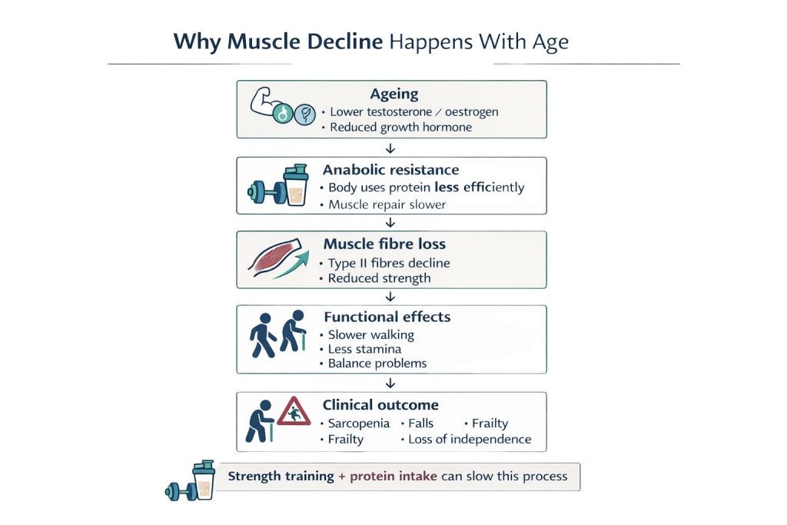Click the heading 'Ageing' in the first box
point(394,95)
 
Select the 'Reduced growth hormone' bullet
point(400,128)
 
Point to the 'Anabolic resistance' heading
point(390,170)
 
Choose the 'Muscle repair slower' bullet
point(387,204)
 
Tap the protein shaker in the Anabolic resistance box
point(294,187)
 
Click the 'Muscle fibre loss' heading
point(384,244)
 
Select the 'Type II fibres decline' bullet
point(389,263)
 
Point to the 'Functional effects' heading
point(387,317)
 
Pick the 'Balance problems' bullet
point(377,363)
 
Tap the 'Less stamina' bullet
point(366,349)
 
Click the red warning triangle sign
point(294,414)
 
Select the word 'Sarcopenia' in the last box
point(358,424)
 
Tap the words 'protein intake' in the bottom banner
point(393,477)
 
